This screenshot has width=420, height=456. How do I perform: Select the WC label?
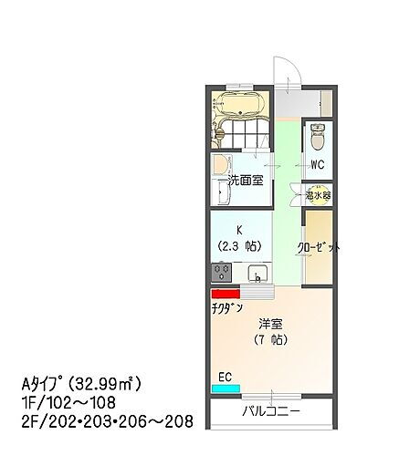tap(318, 165)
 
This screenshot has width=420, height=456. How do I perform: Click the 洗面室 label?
tap(246, 180)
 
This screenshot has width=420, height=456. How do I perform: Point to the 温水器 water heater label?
tap(319, 194)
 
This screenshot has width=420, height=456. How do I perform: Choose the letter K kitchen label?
tap(239, 231)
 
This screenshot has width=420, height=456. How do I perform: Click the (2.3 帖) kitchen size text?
tap(239, 246)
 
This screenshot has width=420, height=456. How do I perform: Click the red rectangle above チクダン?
tap(225, 294)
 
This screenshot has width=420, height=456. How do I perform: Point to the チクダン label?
tap(227, 308)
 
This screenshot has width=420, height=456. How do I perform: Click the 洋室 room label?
tap(269, 324)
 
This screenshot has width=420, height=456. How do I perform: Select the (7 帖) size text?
tap(269, 340)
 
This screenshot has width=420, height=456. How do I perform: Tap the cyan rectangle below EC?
tap(222, 388)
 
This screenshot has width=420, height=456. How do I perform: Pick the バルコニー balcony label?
tap(271, 412)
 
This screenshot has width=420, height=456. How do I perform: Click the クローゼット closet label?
tap(319, 247)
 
